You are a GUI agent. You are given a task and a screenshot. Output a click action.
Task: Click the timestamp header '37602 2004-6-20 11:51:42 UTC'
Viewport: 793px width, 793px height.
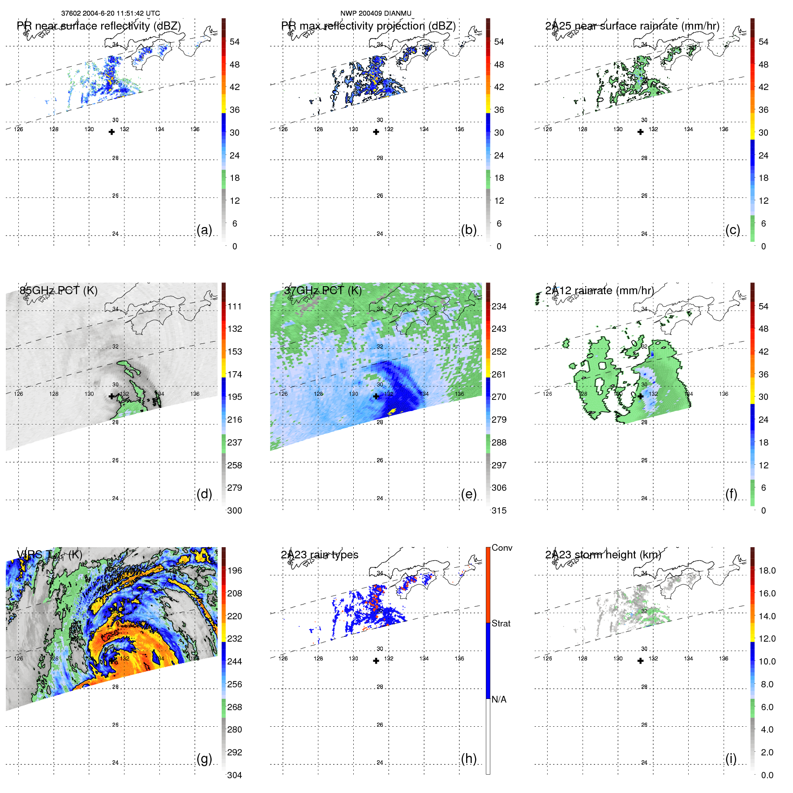(x=110, y=13)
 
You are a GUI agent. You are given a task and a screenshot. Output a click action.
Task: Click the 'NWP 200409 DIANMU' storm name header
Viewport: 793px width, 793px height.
(x=376, y=13)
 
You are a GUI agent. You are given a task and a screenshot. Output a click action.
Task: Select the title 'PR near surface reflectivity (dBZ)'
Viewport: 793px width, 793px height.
(x=99, y=26)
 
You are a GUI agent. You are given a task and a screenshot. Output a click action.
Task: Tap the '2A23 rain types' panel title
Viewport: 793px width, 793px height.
(x=319, y=555)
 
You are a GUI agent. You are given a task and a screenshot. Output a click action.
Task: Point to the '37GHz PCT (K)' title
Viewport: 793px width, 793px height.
(x=322, y=291)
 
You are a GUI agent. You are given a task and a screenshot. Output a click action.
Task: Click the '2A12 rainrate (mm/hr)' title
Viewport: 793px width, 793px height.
(x=599, y=291)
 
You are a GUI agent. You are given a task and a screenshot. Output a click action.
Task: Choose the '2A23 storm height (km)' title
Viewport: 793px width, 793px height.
(x=603, y=555)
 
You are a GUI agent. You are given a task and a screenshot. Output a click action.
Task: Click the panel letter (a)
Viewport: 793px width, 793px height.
(x=204, y=230)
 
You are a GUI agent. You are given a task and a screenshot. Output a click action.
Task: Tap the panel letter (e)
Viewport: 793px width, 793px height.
(x=469, y=494)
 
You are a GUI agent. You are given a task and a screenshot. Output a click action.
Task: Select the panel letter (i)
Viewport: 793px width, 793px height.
(x=731, y=759)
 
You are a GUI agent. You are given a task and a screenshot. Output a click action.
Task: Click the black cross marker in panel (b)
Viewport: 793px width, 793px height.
(x=376, y=132)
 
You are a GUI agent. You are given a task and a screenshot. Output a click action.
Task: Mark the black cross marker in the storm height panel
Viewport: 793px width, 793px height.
(x=640, y=661)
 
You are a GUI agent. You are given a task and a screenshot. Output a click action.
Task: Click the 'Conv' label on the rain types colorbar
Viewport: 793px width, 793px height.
(x=502, y=548)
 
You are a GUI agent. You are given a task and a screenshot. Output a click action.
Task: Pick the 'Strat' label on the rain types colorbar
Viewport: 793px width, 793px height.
(x=501, y=623)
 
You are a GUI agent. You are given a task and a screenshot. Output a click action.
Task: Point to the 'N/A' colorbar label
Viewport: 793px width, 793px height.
(x=499, y=699)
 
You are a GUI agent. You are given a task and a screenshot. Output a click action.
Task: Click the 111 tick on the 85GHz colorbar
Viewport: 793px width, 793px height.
(x=234, y=307)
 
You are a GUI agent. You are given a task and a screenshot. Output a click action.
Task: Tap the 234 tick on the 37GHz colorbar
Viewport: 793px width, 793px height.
(x=499, y=307)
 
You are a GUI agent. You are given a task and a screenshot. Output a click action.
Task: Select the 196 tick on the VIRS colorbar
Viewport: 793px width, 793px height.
(x=234, y=571)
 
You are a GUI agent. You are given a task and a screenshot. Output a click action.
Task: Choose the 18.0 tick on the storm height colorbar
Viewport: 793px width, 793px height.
(x=767, y=571)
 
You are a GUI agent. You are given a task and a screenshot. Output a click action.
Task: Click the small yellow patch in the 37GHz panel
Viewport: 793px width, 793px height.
(x=392, y=411)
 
